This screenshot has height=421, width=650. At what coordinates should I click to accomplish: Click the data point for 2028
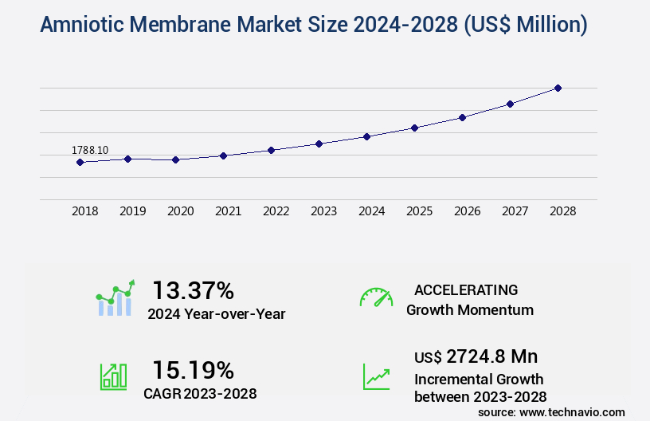558,88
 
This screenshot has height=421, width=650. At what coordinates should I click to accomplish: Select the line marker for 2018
80,162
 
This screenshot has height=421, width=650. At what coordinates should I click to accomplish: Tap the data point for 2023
319,144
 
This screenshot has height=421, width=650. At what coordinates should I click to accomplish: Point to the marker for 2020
175,159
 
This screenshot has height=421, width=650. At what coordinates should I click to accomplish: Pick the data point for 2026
462,117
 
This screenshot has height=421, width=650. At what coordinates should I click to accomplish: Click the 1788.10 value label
90,150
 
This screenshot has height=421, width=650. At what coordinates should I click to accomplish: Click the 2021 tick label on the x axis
228,211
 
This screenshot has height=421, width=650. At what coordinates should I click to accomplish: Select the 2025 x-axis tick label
419,211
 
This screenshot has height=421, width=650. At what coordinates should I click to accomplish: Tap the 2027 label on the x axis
515,211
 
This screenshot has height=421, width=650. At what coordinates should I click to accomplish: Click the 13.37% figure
193,289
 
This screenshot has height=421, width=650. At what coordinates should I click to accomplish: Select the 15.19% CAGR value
193,370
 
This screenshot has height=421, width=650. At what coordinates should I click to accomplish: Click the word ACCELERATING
466,289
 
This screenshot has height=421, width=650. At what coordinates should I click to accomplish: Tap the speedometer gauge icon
376,297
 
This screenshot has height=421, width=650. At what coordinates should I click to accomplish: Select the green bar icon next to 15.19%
113,376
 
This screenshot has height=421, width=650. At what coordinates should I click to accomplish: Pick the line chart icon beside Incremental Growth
376,376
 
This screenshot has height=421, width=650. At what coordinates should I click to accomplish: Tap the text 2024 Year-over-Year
216,314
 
